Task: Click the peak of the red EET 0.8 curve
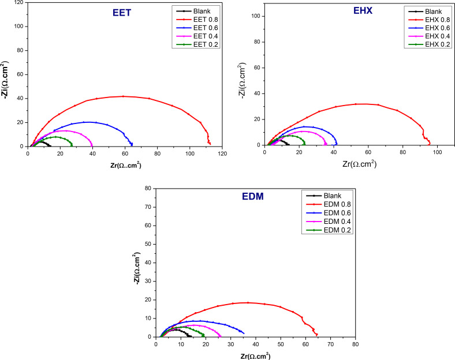click(x=123, y=96)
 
